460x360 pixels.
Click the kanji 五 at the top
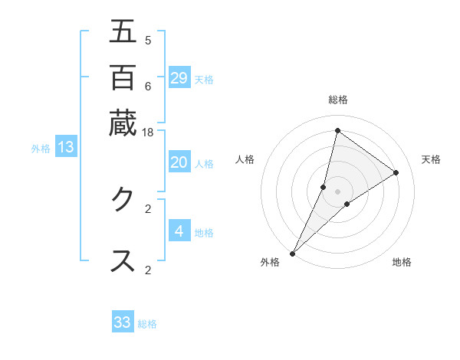pyautogui.click(x=123, y=31)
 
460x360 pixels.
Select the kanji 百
pyautogui.click(x=123, y=77)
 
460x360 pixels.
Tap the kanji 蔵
pyautogui.click(x=123, y=123)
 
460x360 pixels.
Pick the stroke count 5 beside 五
pyautogui.click(x=148, y=40)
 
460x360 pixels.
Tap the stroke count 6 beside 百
pyautogui.click(x=148, y=86)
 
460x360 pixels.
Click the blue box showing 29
pyautogui.click(x=179, y=78)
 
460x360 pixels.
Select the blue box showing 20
pyautogui.click(x=179, y=162)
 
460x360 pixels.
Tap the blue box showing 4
pyautogui.click(x=179, y=231)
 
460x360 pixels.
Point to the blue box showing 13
pyautogui.click(x=66, y=147)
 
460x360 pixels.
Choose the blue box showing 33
pyautogui.click(x=123, y=322)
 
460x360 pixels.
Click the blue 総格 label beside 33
pyautogui.click(x=147, y=324)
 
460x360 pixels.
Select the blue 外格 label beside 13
pyautogui.click(x=41, y=149)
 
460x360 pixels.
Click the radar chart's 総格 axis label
pyautogui.click(x=337, y=100)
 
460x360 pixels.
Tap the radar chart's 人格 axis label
pyautogui.click(x=245, y=159)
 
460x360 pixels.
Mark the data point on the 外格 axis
pyautogui.click(x=293, y=253)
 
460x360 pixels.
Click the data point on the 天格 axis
pyautogui.click(x=396, y=172)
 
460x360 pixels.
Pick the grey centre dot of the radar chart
pyautogui.click(x=337, y=191)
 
